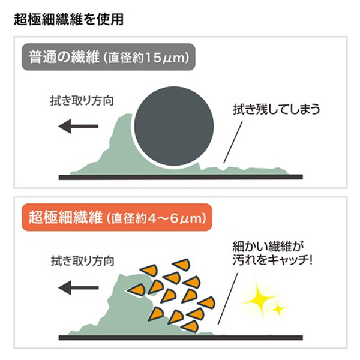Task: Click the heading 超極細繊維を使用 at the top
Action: (69, 19)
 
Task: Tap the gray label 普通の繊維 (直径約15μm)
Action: (109, 57)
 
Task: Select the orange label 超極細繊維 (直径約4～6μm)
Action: (116, 217)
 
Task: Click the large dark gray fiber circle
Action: (174, 126)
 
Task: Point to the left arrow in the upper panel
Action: (78, 126)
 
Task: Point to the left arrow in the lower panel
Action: (79, 287)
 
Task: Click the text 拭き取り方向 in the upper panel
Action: (82, 101)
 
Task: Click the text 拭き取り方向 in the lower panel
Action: (83, 261)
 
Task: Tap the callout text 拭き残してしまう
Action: (277, 109)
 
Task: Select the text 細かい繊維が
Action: (268, 247)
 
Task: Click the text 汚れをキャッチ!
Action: (272, 260)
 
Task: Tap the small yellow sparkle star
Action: (278, 309)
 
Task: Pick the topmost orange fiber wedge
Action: (182, 264)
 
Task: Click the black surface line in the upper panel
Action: (181, 177)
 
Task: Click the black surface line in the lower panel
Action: (181, 337)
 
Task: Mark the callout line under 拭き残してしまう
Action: (233, 142)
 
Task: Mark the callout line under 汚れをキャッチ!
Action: (228, 298)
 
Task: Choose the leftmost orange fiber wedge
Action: (136, 290)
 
